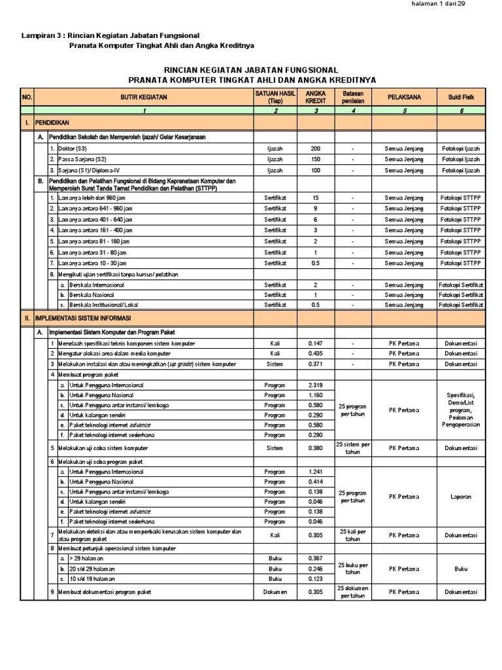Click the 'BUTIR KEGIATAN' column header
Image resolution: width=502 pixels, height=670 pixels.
(144, 97)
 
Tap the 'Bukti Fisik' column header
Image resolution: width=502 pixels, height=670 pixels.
(461, 97)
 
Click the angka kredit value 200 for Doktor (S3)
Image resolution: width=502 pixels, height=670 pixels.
(316, 149)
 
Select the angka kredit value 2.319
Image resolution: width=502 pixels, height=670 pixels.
(316, 385)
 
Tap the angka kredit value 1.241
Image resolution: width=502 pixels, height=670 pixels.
(316, 471)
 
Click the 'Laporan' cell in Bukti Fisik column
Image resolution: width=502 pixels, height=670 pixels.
(461, 497)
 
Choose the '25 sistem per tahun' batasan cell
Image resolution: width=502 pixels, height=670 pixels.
(353, 448)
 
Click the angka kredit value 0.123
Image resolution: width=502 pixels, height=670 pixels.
(316, 579)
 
